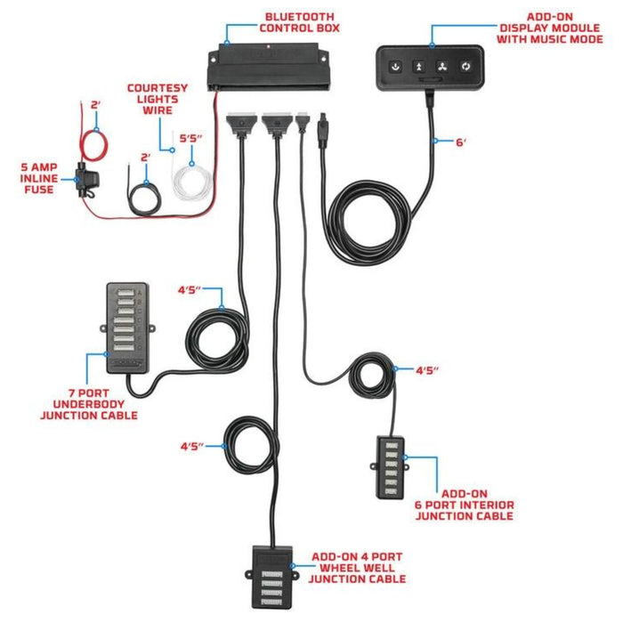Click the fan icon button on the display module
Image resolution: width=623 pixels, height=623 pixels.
[x=441, y=66]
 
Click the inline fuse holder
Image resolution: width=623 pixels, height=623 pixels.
[x=88, y=179]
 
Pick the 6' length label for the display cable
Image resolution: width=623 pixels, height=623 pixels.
[x=462, y=142]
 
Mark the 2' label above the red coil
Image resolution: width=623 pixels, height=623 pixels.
[x=96, y=105]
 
